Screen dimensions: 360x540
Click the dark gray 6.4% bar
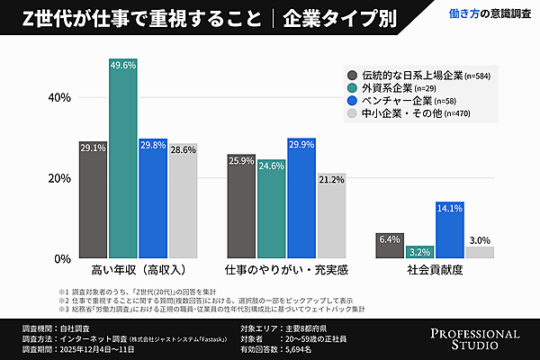(x=389, y=246)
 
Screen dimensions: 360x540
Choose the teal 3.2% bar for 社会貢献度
(x=419, y=252)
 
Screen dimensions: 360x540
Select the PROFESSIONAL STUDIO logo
(x=473, y=338)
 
